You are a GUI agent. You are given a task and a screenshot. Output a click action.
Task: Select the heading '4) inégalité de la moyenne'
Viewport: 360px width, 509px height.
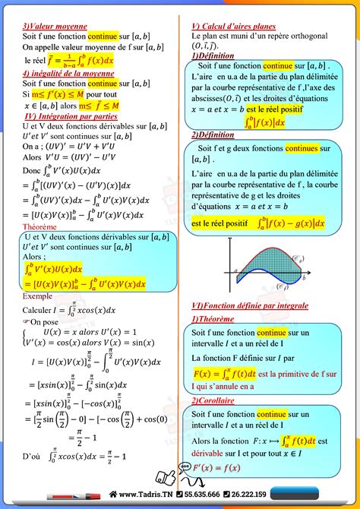68,74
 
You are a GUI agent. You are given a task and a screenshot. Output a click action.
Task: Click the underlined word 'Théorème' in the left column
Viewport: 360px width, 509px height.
39,226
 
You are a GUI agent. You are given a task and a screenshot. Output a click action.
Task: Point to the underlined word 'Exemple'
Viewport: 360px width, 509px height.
37,296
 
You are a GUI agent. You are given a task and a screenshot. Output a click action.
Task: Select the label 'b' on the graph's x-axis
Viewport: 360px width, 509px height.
305,280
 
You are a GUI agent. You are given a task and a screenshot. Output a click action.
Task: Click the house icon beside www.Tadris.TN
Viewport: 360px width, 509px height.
113,495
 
